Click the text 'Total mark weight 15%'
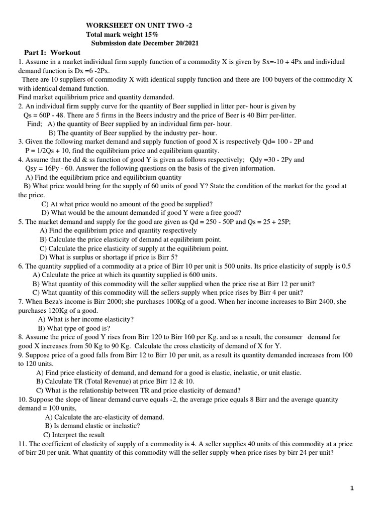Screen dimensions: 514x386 tap(122, 34)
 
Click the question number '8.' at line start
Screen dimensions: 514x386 tap(21, 337)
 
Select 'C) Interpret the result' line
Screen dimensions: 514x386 tap(74, 435)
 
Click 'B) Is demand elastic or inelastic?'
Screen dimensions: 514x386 tap(92, 426)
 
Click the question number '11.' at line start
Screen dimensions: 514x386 tap(23, 444)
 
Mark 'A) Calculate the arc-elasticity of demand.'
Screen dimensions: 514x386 tap(105, 417)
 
